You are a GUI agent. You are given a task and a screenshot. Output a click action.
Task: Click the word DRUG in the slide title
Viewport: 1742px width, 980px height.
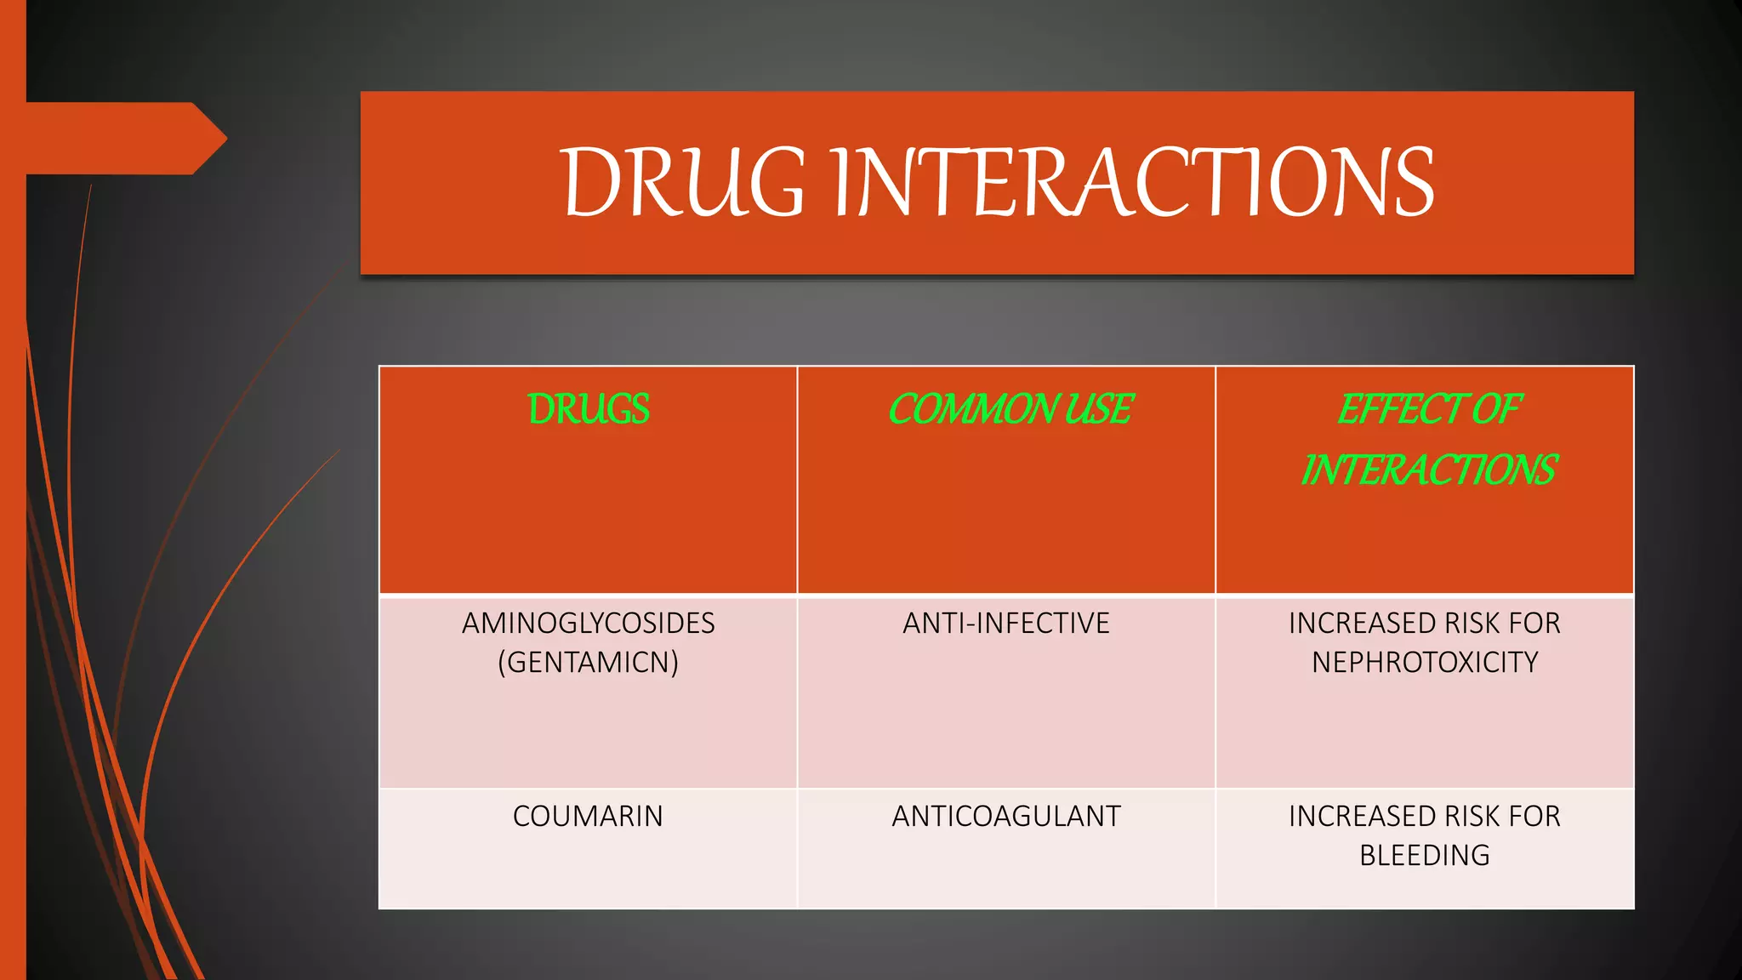pyautogui.click(x=683, y=182)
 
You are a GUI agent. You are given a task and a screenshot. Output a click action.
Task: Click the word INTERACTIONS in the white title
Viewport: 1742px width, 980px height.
pyautogui.click(x=1132, y=182)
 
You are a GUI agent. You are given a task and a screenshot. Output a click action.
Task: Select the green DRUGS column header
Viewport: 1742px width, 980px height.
pyautogui.click(x=588, y=409)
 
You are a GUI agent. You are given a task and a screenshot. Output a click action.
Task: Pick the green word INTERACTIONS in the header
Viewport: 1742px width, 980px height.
pyautogui.click(x=1428, y=470)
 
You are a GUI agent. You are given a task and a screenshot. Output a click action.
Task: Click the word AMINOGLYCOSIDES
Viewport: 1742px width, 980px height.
pyautogui.click(x=588, y=624)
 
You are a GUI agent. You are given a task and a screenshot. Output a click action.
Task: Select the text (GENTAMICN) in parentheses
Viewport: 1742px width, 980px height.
pyautogui.click(x=588, y=662)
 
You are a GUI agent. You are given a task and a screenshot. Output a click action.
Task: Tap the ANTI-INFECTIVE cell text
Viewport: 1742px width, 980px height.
pyautogui.click(x=1005, y=624)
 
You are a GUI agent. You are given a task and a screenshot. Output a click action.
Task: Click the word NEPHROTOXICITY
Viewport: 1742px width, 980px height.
pyautogui.click(x=1425, y=662)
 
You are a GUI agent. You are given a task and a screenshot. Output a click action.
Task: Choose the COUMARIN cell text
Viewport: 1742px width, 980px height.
pyautogui.click(x=588, y=816)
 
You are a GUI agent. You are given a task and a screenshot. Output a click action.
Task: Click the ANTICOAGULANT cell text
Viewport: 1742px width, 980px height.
pyautogui.click(x=1005, y=816)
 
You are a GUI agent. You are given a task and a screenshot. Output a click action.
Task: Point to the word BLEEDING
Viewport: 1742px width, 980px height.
pyautogui.click(x=1425, y=855)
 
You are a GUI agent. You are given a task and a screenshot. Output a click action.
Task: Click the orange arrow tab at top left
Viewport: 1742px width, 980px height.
pyautogui.click(x=119, y=138)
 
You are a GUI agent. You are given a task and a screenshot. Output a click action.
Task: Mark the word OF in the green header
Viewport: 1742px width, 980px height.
pyautogui.click(x=1496, y=409)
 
